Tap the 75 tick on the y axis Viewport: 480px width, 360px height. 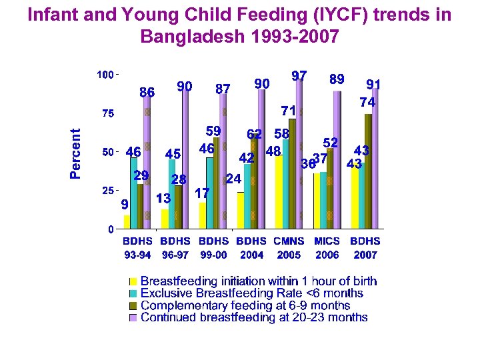106,113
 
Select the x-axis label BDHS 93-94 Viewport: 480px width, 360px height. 137,247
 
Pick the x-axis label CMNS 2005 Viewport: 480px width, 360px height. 289,247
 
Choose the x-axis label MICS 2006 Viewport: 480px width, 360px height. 327,247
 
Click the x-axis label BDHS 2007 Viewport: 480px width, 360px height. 365,247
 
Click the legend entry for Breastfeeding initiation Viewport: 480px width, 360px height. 258,281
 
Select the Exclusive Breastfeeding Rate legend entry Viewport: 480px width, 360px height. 252,293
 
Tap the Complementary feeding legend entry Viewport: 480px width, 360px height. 245,305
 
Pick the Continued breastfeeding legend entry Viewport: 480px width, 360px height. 254,317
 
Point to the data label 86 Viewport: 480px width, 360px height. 147,93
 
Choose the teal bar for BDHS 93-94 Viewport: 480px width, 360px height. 134,193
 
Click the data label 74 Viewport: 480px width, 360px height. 367,103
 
